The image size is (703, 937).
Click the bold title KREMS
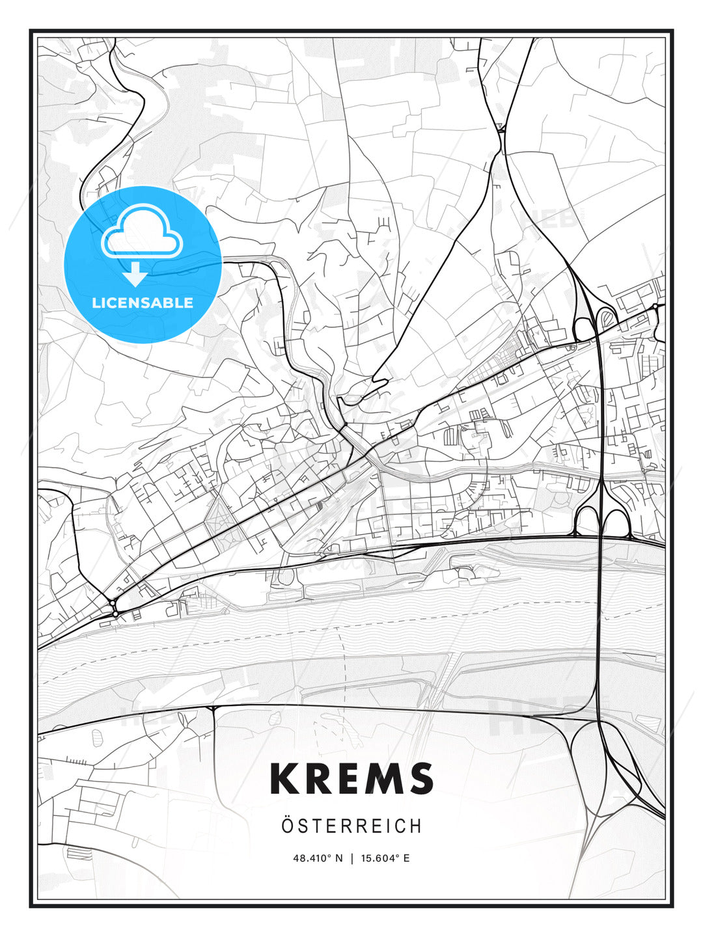(351, 778)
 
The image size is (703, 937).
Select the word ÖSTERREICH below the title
(351, 826)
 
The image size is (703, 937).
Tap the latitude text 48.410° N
(318, 858)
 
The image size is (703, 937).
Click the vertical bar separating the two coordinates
(351, 858)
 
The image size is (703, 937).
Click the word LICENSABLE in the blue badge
(143, 303)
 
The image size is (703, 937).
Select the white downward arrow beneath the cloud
(135, 274)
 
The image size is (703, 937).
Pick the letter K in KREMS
(284, 778)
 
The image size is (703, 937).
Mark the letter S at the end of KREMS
(421, 778)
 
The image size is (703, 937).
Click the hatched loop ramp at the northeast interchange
(607, 318)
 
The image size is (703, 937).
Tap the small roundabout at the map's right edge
(655, 306)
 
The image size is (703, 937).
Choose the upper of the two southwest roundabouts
(112, 602)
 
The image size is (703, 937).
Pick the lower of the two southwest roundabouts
(115, 614)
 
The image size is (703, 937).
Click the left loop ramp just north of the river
(588, 521)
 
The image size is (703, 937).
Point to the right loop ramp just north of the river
(616, 523)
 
